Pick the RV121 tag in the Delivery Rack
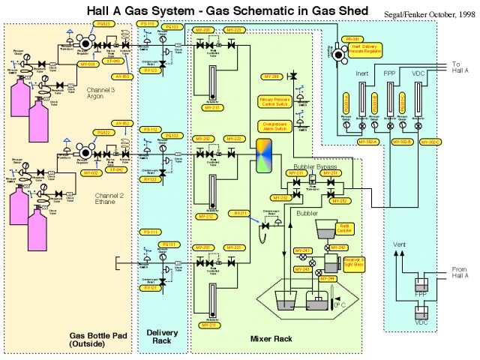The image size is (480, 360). pos(149,287)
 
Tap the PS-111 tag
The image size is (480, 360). pos(149,232)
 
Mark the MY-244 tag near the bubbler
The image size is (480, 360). pos(327,277)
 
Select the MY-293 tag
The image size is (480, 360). pos(271,76)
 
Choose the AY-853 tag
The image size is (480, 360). pos(122,76)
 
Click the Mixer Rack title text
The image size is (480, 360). pos(271,339)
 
